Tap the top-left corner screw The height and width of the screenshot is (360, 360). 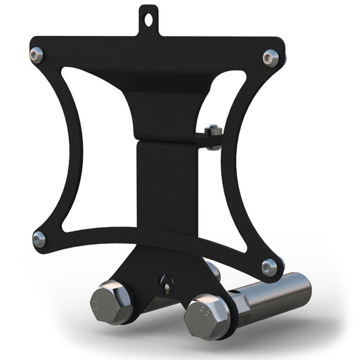point(37,53)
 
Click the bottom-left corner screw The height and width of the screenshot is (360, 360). point(39,239)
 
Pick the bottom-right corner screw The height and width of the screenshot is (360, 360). point(269,267)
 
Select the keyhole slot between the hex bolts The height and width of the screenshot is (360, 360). point(166,285)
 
